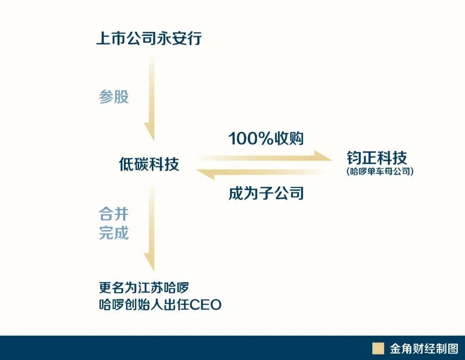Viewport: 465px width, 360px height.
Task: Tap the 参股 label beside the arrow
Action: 114,97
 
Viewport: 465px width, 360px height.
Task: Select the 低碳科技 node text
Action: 149,164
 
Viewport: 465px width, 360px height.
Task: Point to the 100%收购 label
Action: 266,138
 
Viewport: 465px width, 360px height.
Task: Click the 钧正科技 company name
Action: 377,157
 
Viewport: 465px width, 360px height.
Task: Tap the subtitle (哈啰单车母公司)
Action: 380,171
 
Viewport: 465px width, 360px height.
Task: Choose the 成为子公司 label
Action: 266,194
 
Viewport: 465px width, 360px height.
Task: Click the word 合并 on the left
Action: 114,214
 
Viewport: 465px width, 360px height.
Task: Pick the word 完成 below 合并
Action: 114,233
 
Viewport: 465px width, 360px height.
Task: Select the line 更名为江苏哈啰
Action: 144,287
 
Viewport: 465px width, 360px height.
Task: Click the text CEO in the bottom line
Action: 205,305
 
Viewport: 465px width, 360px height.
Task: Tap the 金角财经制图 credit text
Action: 424,349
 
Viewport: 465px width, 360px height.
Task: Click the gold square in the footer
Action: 378,348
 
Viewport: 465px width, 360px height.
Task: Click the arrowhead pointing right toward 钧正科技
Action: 323,156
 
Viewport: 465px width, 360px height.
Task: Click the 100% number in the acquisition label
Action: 248,138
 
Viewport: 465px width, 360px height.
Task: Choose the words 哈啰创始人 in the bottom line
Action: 136,305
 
